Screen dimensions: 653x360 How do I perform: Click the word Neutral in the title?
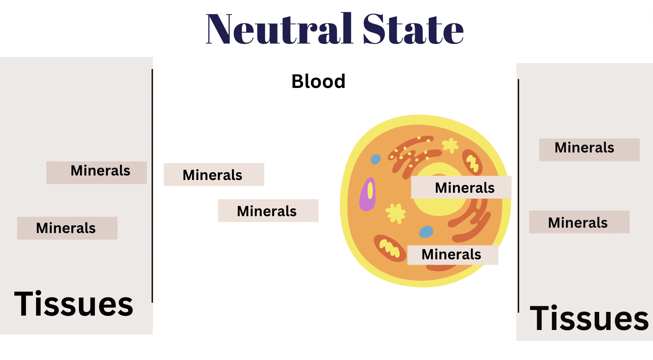pos(279,29)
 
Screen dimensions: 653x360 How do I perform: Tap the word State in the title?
pos(413,29)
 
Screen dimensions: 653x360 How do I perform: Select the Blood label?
pos(318,81)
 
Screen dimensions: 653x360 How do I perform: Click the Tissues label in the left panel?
pos(74,303)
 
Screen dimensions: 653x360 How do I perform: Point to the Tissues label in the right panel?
pos(589,318)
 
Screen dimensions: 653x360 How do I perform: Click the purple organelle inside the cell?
pos(367,194)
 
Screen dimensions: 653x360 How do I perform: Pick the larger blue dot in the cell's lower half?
pos(426,232)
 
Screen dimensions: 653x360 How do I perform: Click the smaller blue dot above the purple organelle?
pos(375,159)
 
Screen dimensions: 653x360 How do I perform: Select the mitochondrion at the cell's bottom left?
pos(389,248)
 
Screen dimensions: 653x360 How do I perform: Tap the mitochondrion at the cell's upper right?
pos(472,162)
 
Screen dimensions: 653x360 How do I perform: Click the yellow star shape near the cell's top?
pos(450,145)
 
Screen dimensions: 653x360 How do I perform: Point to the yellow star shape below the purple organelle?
pos(395,213)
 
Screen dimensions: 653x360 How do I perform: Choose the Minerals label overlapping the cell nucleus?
pos(461,187)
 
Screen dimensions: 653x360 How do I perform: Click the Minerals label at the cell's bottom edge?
pos(453,255)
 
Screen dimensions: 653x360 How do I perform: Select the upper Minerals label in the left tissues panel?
pos(97,173)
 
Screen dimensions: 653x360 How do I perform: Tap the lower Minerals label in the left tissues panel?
pos(67,228)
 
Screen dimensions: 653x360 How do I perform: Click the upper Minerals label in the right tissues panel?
pos(589,150)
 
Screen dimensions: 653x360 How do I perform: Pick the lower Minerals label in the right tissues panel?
pos(579,222)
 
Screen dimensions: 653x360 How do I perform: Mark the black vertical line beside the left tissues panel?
pos(152,186)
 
